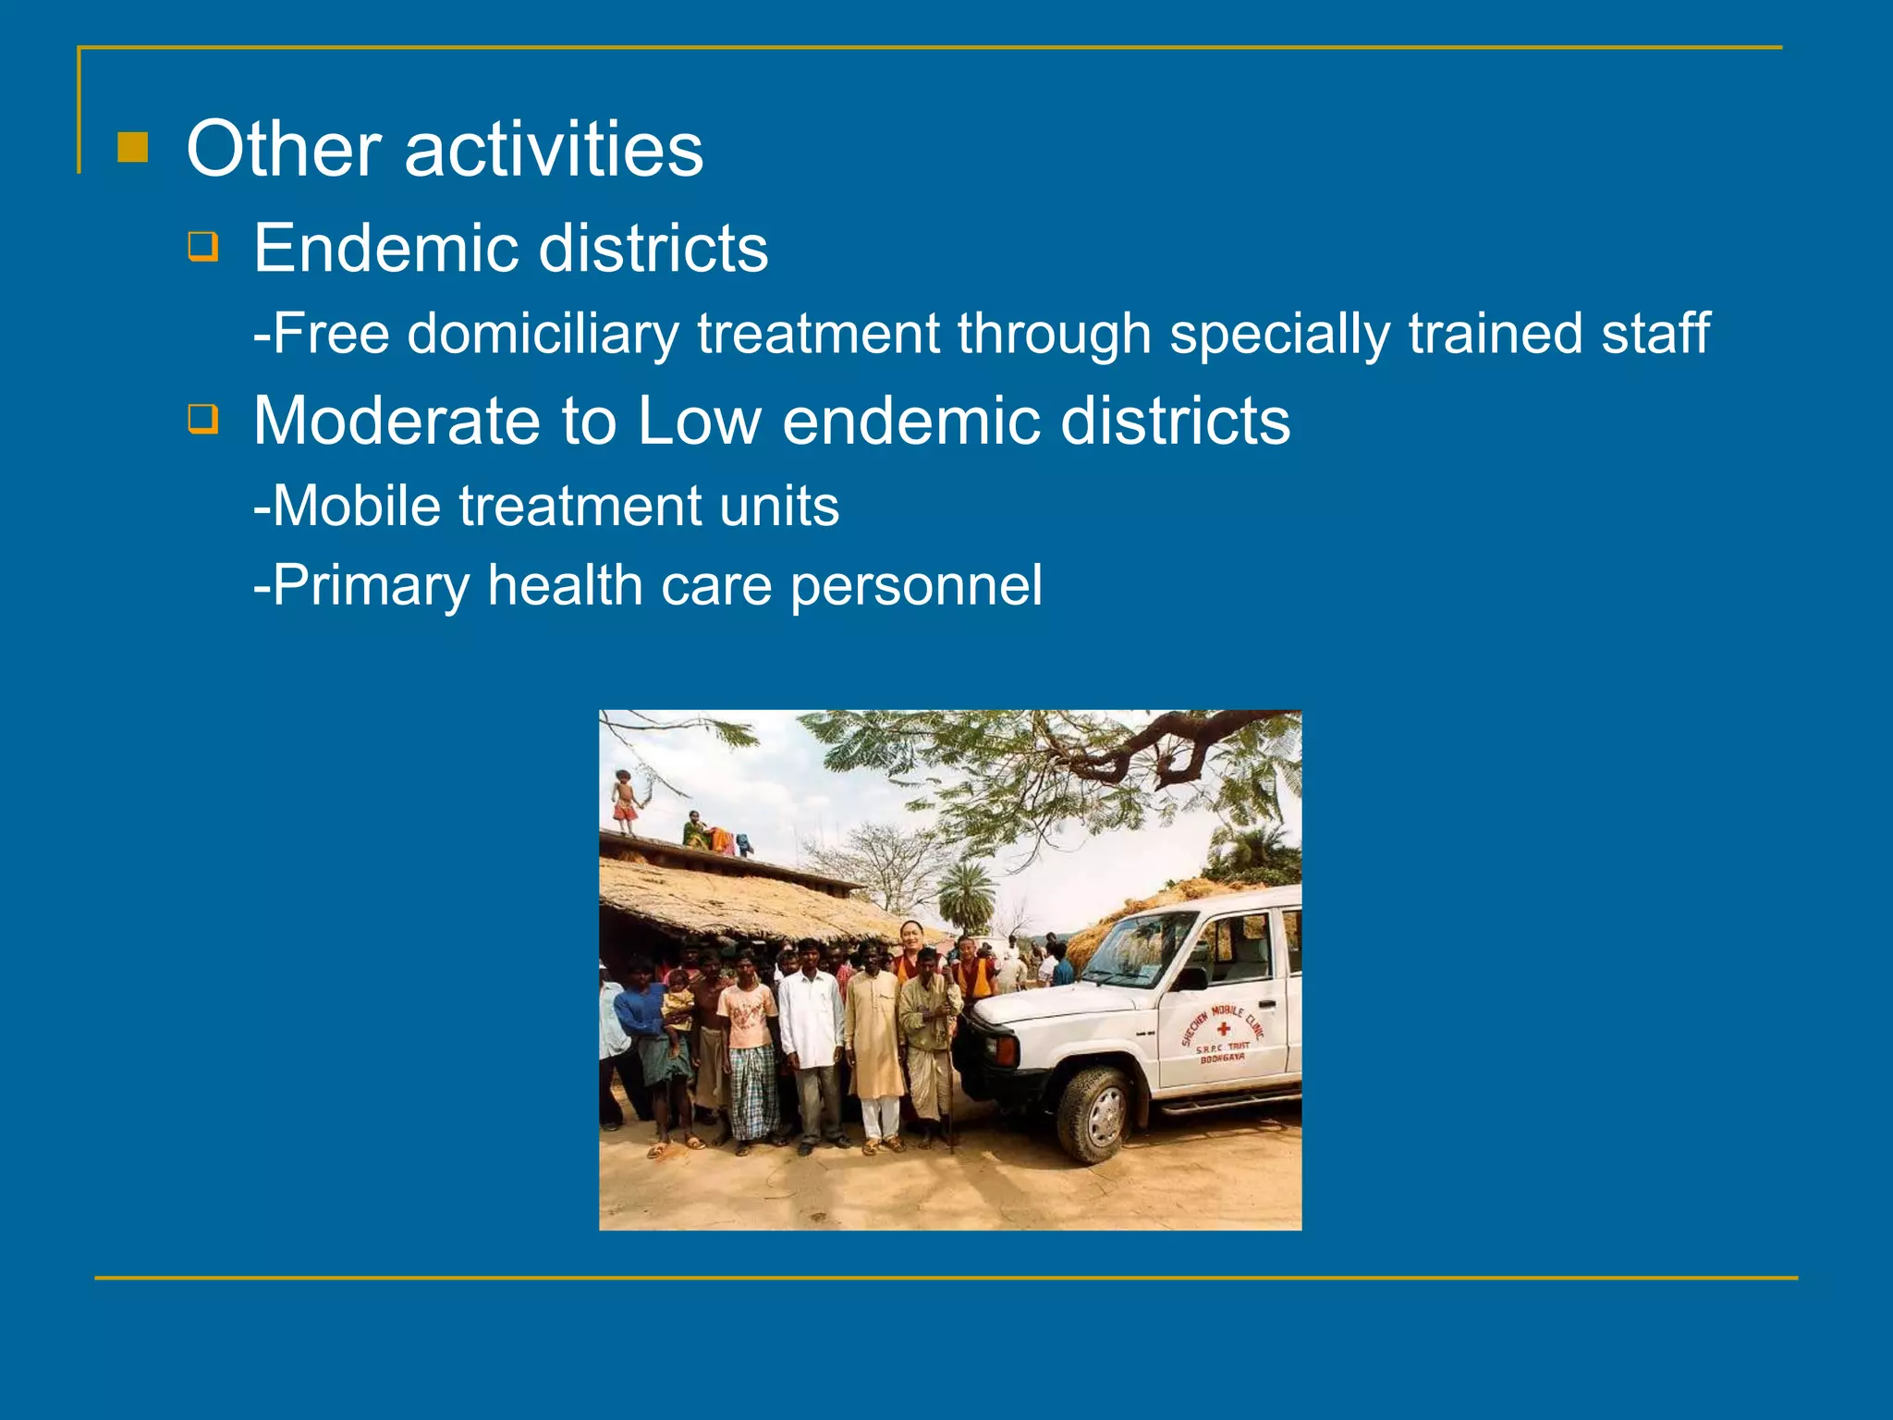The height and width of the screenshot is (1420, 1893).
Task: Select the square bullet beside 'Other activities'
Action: point(133,147)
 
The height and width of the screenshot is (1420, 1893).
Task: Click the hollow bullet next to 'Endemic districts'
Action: point(203,247)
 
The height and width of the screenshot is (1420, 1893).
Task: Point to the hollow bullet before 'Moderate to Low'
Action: point(203,419)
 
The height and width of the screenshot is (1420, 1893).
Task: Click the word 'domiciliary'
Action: point(543,334)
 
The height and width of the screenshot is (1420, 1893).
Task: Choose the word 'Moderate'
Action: point(396,421)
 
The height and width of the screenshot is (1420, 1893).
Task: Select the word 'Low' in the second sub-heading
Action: point(699,421)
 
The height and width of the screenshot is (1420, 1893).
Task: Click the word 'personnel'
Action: point(916,586)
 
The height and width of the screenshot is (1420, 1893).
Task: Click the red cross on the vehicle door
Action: point(1223,1029)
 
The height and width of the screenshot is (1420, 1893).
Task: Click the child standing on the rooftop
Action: point(626,801)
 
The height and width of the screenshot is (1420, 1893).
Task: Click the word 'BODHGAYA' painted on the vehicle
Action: point(1222,1059)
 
